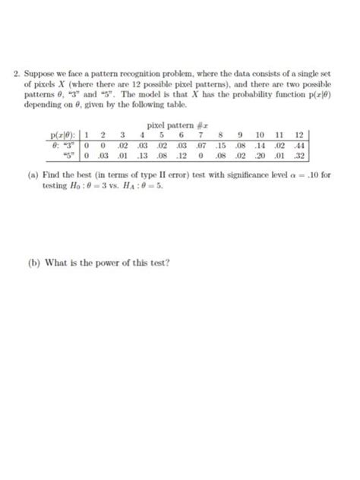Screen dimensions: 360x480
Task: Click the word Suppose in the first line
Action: click(40, 74)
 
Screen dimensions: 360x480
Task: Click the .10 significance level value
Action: click(308, 175)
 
